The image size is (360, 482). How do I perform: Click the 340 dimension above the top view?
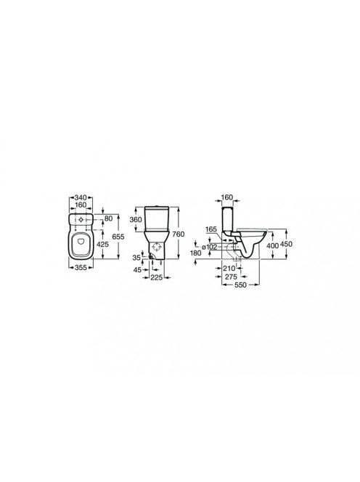tap(81, 197)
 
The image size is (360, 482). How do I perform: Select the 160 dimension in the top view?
tap(81, 205)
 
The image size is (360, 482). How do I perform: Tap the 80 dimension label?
tap(108, 218)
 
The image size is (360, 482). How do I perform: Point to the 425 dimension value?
tap(102, 245)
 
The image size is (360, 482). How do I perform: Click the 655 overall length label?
tap(118, 237)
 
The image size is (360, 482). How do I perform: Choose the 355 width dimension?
tap(81, 268)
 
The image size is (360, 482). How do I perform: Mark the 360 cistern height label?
tap(136, 219)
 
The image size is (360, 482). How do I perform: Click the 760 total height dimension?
tap(179, 234)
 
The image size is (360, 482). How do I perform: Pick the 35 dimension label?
tap(136, 258)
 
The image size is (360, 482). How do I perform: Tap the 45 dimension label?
tap(138, 270)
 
